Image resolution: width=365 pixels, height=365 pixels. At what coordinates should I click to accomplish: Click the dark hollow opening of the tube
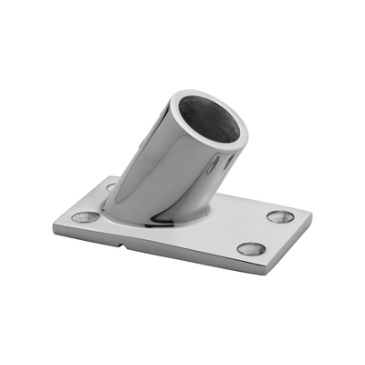point(209,117)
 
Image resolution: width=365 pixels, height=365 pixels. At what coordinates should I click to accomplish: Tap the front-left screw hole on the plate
point(87,217)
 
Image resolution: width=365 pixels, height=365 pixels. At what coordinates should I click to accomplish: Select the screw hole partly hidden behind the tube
point(110,187)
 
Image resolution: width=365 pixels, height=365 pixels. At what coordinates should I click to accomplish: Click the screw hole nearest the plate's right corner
point(281,217)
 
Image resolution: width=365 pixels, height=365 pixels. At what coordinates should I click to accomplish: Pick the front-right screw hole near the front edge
point(251,248)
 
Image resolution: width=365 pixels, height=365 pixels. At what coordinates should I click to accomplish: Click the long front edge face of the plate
point(164,251)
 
